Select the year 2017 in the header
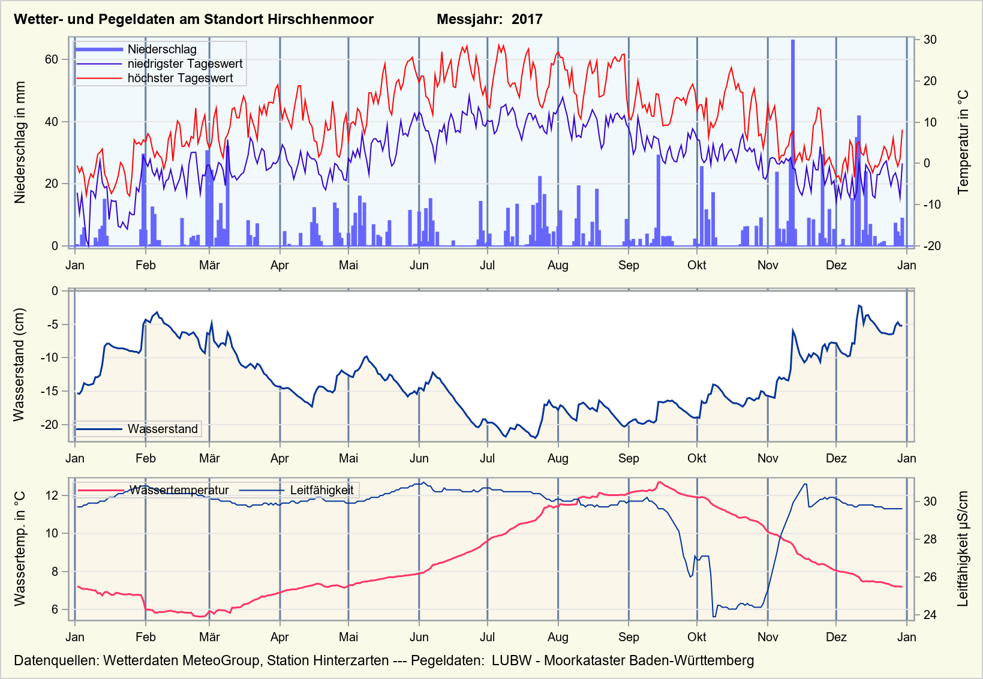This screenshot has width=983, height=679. [527, 19]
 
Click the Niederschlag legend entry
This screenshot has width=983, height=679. [162, 49]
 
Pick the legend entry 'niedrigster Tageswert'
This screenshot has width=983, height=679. [185, 64]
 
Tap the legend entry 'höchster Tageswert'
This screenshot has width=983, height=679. [180, 78]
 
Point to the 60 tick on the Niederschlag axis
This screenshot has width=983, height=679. [52, 59]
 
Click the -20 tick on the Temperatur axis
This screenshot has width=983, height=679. [930, 246]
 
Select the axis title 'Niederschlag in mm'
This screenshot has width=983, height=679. [20, 143]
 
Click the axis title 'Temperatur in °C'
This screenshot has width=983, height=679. [963, 143]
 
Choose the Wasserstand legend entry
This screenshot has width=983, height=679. [162, 429]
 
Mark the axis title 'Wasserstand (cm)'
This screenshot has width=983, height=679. [19, 365]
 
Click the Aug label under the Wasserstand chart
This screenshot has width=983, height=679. [558, 458]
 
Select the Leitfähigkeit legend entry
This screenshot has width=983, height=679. [321, 490]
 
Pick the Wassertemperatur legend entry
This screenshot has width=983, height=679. [179, 490]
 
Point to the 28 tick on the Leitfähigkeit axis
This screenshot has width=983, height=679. [930, 539]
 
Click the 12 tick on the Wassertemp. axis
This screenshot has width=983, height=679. [52, 495]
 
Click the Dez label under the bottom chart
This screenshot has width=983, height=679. [836, 637]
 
